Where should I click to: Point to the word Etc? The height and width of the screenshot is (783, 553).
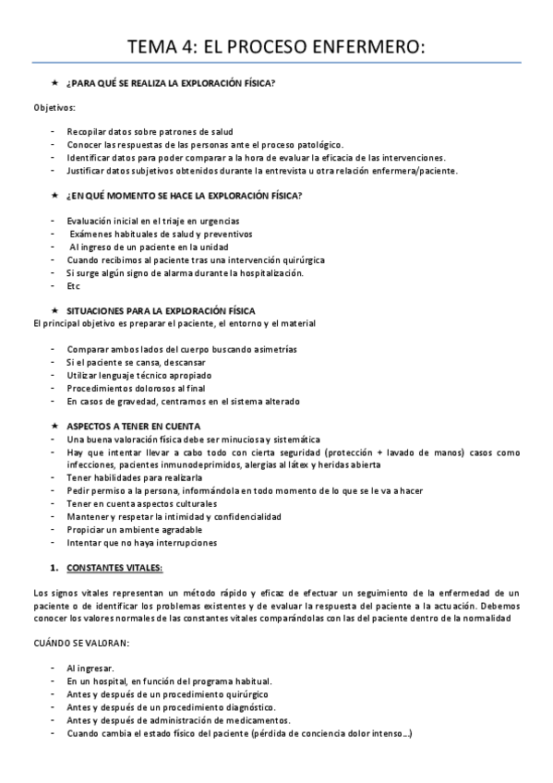(x=74, y=285)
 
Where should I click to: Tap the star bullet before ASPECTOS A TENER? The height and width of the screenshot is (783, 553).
(x=54, y=427)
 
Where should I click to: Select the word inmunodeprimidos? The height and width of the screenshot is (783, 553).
(x=157, y=465)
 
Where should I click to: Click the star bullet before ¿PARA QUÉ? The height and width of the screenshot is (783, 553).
(x=54, y=83)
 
